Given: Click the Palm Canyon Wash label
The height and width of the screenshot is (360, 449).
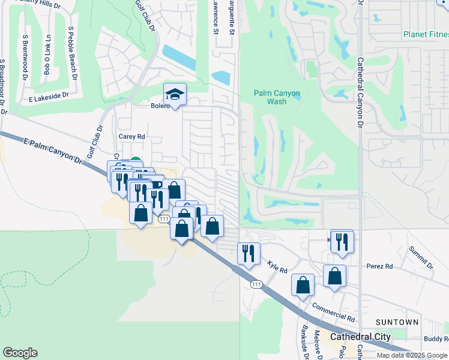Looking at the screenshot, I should (x=278, y=97).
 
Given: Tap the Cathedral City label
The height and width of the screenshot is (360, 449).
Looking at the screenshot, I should (x=360, y=337).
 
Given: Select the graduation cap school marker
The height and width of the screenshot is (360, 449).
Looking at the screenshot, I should (x=175, y=95).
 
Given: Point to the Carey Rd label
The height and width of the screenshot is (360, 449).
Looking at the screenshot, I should (x=132, y=137).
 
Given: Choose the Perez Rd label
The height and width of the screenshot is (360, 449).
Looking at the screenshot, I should (x=380, y=266).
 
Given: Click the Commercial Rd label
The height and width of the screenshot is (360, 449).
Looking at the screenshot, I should (x=334, y=311).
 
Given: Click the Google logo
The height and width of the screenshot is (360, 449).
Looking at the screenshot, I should (x=20, y=353).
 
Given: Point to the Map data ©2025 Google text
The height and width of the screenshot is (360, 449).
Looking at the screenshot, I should (x=412, y=355).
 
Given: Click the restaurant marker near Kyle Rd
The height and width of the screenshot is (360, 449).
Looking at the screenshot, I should (x=247, y=253).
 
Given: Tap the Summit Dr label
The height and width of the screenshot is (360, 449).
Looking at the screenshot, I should (x=420, y=257).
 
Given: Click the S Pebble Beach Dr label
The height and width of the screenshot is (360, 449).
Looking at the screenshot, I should (x=73, y=53).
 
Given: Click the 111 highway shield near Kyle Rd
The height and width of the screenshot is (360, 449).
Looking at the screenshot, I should (x=256, y=283).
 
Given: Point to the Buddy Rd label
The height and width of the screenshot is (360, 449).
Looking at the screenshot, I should (x=436, y=339).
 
